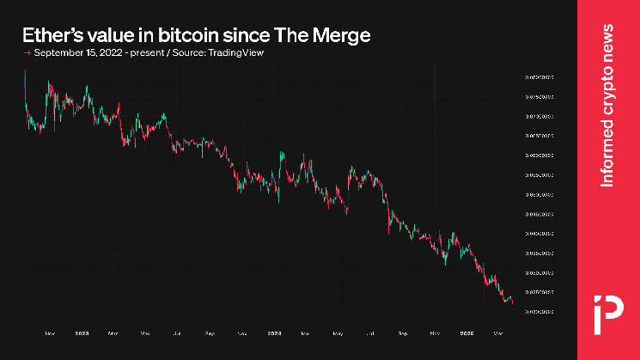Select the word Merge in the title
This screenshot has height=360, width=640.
(343, 36)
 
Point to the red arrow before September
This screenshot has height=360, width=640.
(27, 53)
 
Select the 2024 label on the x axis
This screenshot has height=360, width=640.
(274, 331)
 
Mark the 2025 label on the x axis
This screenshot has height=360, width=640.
(467, 331)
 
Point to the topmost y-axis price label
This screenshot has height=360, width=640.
(538, 76)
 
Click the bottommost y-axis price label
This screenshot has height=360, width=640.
(538, 311)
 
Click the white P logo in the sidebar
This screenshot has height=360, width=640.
(607, 310)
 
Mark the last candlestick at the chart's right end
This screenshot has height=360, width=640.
(512, 301)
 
